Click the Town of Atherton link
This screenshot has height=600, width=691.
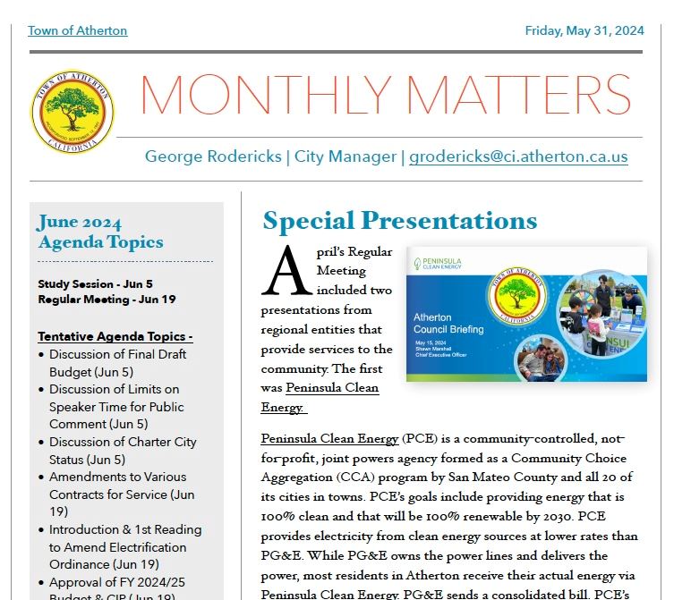point(77,30)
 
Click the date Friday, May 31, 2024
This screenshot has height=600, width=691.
point(584,30)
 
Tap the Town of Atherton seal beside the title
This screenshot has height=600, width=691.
point(73,112)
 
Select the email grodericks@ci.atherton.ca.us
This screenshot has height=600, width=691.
point(518,156)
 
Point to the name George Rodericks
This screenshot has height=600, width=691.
point(212,156)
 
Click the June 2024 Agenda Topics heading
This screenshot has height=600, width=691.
point(100,232)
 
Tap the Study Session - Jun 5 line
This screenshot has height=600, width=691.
point(95,284)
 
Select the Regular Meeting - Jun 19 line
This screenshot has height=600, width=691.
point(107,300)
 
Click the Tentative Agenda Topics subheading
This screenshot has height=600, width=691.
point(115,337)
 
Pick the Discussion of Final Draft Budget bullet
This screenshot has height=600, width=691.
point(117,363)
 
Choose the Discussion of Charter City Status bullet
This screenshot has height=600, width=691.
point(123,451)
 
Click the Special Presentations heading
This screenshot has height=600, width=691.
point(399,221)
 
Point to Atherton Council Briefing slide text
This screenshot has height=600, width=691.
point(448,323)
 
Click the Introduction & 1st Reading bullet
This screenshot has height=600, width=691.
point(124,547)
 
